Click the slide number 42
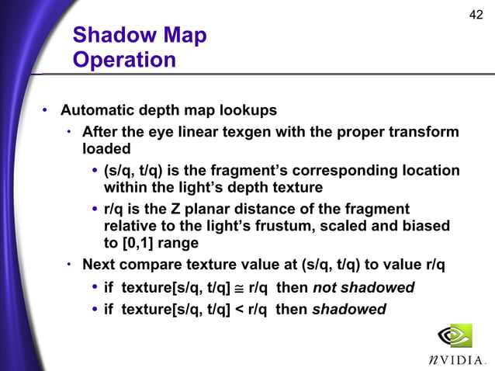click(477, 15)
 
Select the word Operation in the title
click(124, 60)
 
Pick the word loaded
click(107, 147)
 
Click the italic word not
click(326, 288)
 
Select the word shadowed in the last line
click(348, 310)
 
